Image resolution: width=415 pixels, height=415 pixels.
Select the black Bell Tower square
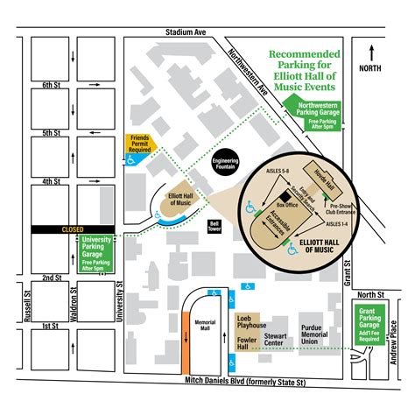click(212, 226)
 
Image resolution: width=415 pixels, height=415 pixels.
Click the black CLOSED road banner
click(73, 229)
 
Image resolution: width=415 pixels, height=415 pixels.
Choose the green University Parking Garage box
click(96, 252)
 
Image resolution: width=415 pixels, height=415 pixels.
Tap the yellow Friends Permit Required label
click(141, 143)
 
